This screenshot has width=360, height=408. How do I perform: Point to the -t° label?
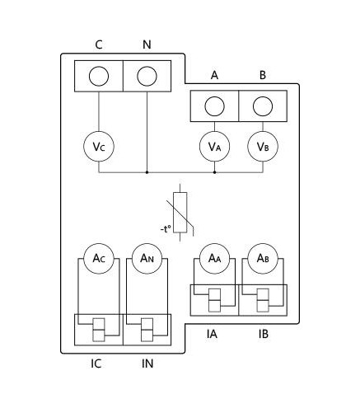tap(166, 228)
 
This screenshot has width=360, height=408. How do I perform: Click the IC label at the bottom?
tap(96, 363)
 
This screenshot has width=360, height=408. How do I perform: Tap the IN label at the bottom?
tap(147, 363)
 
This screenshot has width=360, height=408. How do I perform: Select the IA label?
tap(212, 334)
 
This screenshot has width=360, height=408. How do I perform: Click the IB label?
tap(264, 334)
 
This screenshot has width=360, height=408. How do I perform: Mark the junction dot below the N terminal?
tap(147, 172)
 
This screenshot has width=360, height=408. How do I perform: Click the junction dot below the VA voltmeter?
tap(214, 172)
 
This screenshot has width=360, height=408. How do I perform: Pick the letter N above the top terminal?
tap(147, 45)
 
